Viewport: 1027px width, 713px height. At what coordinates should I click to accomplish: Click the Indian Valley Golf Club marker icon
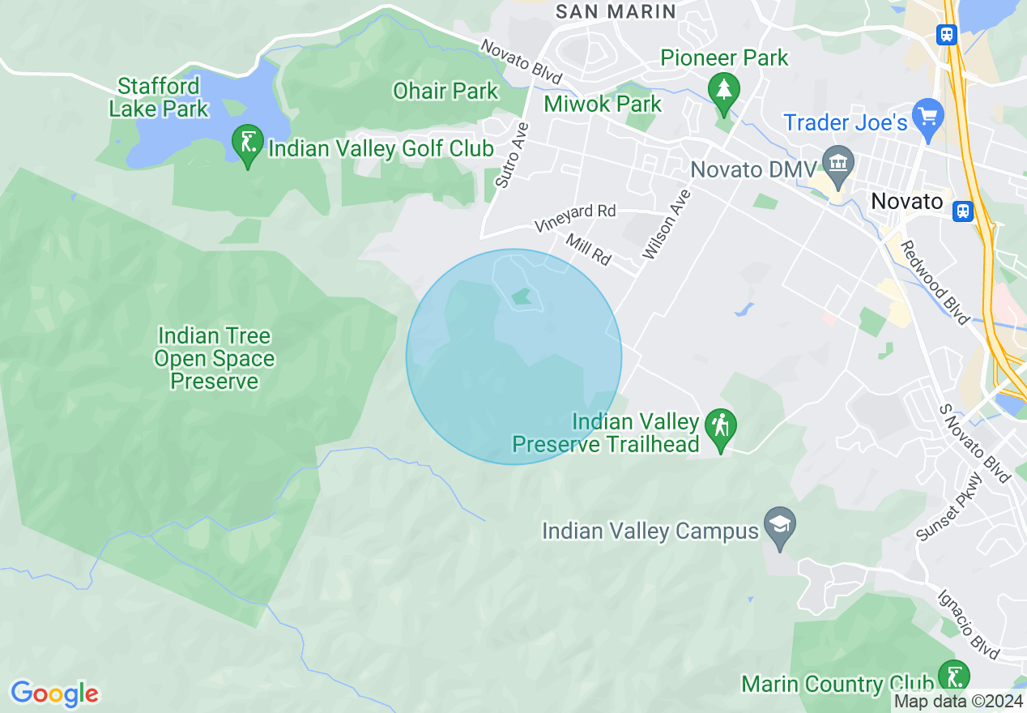247,143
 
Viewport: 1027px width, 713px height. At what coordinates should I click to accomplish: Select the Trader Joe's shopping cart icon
927,114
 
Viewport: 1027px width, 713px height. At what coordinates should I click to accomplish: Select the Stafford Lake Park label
159,97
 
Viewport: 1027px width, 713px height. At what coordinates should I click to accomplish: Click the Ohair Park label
445,91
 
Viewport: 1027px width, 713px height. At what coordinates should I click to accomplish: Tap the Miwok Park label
603,104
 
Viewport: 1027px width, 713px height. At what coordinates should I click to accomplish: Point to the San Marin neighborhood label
616,11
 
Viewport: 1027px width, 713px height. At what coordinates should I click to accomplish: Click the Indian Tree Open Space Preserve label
215,359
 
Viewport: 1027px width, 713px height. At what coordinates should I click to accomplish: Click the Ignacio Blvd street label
969,624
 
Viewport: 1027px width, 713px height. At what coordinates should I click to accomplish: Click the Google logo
54,694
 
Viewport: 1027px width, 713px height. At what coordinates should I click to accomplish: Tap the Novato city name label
908,201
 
